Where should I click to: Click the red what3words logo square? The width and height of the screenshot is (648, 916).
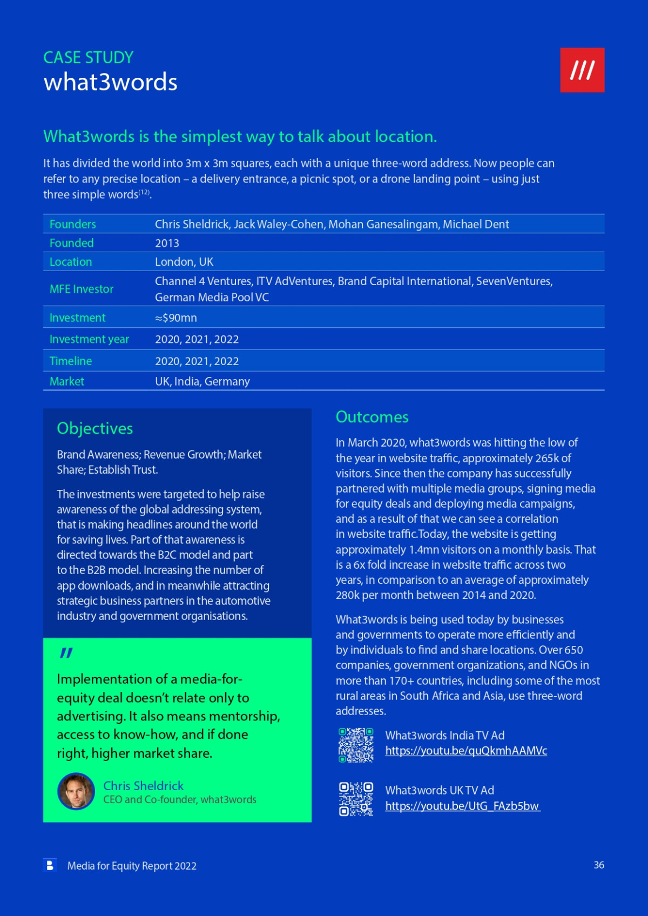tap(582, 70)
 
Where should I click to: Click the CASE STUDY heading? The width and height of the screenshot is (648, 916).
tap(88, 57)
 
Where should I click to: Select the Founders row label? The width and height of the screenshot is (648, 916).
tap(72, 224)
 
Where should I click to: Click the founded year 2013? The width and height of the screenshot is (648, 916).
tap(167, 243)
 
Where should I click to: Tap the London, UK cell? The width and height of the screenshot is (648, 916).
tap(184, 262)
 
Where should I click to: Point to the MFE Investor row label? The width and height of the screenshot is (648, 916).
tap(82, 289)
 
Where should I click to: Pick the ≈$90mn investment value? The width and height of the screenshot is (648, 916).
tap(176, 318)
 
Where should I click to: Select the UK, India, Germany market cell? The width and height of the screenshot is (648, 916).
tap(202, 381)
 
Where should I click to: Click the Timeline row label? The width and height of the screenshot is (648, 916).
tap(71, 361)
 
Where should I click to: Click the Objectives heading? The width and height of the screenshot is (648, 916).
tap(95, 428)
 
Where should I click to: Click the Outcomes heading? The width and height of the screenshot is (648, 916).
tap(372, 417)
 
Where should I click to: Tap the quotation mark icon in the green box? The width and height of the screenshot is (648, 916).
tap(66, 653)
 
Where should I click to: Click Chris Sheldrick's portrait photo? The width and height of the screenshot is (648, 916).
tap(76, 791)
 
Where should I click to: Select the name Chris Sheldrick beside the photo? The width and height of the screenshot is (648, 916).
tap(143, 785)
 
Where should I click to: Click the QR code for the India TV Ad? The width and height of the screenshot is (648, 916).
tap(356, 745)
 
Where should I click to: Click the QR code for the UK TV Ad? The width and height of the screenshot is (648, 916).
tap(356, 799)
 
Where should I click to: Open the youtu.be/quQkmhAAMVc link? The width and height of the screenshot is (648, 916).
tap(466, 751)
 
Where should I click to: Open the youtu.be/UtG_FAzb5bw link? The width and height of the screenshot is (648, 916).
tap(462, 806)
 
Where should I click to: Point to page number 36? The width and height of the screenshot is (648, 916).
tap(599, 865)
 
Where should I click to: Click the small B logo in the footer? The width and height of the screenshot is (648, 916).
tap(50, 865)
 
